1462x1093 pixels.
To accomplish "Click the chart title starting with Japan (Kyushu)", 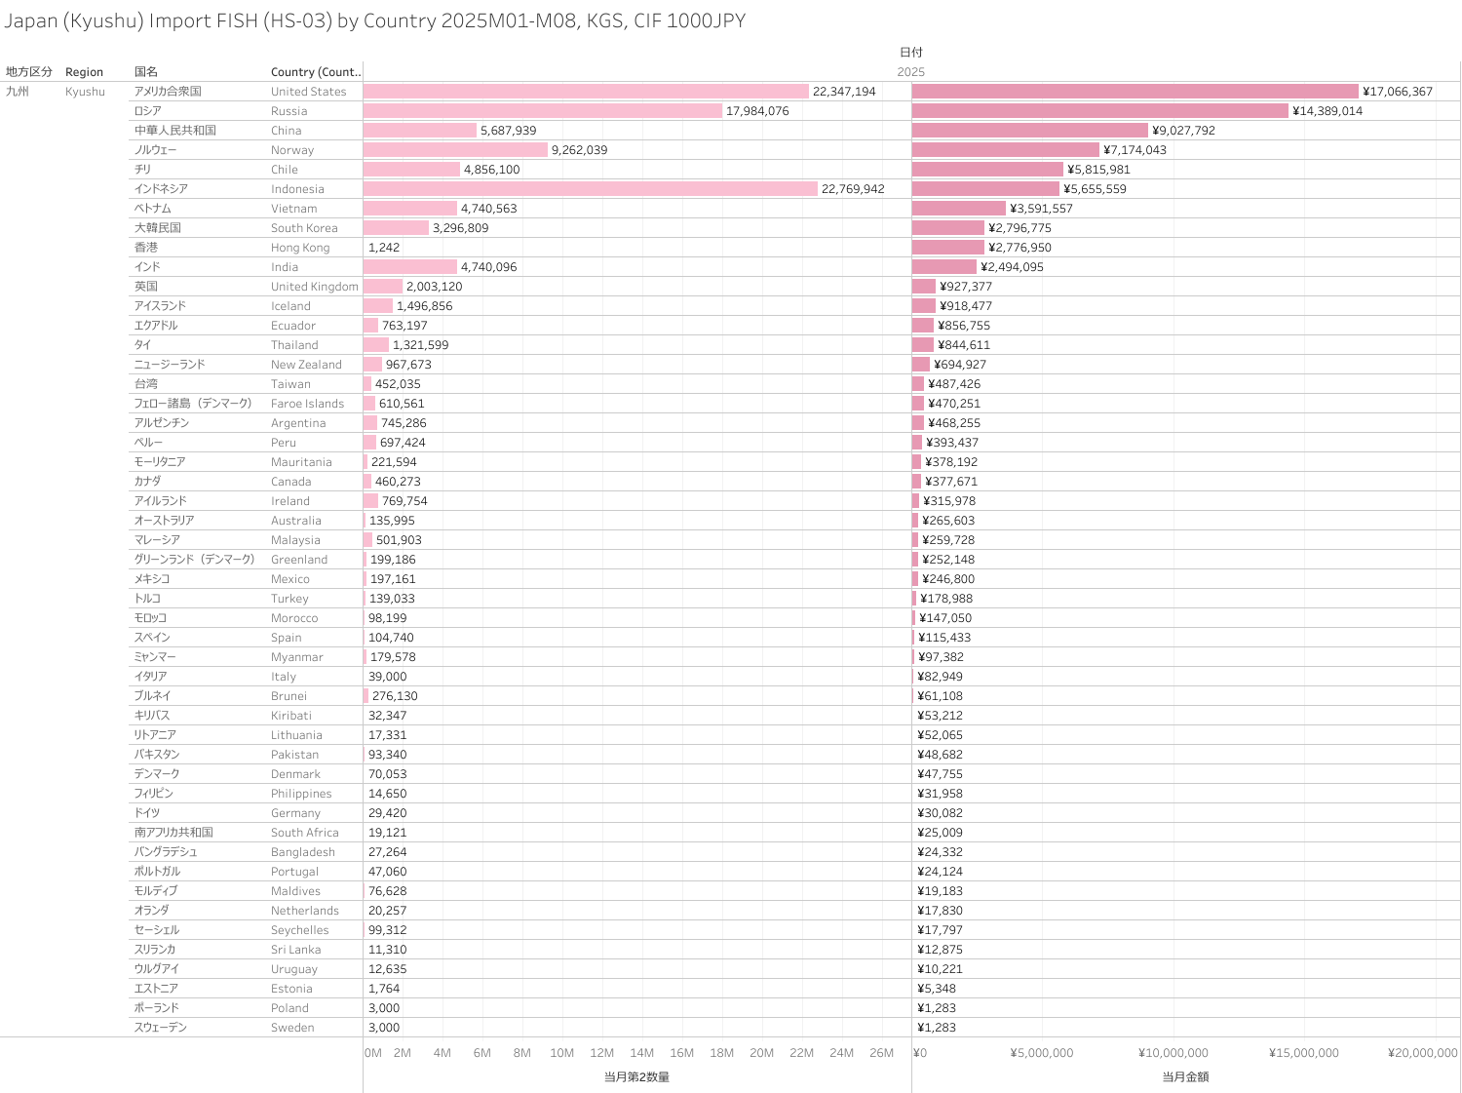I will pyautogui.click(x=375, y=20).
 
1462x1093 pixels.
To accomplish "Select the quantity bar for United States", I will pyautogui.click(x=586, y=92).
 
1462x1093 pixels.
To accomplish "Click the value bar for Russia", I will pyautogui.click(x=1099, y=111).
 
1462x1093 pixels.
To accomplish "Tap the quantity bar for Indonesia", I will pyautogui.click(x=590, y=189).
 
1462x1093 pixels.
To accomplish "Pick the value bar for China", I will pyautogui.click(x=1029, y=131).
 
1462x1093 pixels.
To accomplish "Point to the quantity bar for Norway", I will pyautogui.click(x=455, y=150).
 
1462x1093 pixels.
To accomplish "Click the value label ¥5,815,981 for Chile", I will pyautogui.click(x=1098, y=170).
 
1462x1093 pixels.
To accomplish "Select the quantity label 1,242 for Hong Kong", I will pyautogui.click(x=384, y=248).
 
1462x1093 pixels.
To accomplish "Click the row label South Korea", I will pyautogui.click(x=304, y=228).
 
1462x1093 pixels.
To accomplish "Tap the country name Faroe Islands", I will pyautogui.click(x=307, y=404).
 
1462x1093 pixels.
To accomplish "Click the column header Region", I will pyautogui.click(x=84, y=72).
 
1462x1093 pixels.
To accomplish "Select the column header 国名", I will pyautogui.click(x=146, y=72).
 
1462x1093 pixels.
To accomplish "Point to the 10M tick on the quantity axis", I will pyautogui.click(x=562, y=1053).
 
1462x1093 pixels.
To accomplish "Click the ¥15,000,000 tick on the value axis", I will pyautogui.click(x=1303, y=1053).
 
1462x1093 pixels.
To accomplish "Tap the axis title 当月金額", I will pyautogui.click(x=1185, y=1077).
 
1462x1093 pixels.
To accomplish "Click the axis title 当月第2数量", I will pyautogui.click(x=636, y=1077).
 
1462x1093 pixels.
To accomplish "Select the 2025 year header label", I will pyautogui.click(x=910, y=72).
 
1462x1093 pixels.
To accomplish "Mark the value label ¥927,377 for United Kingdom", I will pyautogui.click(x=966, y=287).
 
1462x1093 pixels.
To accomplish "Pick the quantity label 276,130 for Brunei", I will pyautogui.click(x=395, y=696).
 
